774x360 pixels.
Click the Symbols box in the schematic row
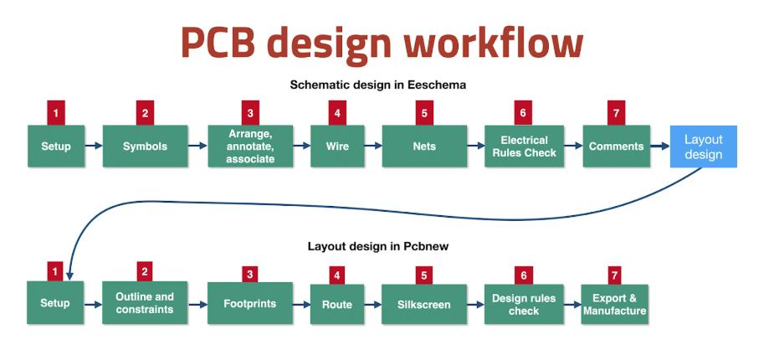pos(145,146)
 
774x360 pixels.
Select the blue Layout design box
pos(703,147)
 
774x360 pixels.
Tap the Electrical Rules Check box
pos(524,146)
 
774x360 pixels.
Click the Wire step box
pos(337,146)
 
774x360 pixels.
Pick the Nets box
pos(424,146)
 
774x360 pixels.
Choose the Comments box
pos(616,146)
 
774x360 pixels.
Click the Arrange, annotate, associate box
pos(250,146)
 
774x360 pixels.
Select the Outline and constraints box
pos(145,303)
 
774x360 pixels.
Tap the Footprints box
pos(250,303)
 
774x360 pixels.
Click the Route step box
pos(337,303)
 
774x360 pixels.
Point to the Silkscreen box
pos(424,303)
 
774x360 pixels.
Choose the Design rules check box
pos(524,303)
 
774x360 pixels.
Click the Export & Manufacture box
pos(615,303)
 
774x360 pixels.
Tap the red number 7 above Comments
pos(617,113)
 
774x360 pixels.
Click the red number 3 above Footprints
pos(249,275)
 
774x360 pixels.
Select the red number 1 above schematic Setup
pos(56,113)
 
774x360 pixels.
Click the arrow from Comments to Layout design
pos(660,146)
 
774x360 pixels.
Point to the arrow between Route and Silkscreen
pos(373,304)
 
